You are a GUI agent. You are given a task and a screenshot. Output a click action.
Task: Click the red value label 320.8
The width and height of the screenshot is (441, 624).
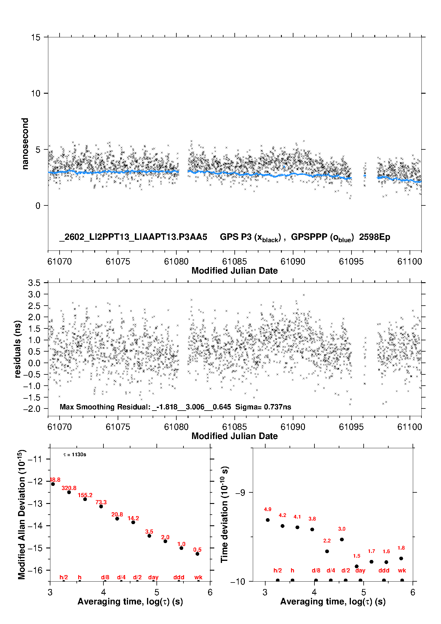tap(69, 488)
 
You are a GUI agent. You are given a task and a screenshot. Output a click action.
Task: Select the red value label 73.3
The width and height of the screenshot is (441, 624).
tap(101, 502)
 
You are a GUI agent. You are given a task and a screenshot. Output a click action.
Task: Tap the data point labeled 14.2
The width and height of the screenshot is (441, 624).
tap(133, 522)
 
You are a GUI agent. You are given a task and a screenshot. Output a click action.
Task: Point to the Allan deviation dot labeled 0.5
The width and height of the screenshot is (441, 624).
tap(197, 554)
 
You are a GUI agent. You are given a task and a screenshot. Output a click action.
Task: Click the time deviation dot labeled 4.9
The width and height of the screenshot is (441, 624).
tap(268, 520)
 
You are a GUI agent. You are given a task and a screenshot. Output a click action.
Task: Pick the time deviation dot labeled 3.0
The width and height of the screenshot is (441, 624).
tap(342, 539)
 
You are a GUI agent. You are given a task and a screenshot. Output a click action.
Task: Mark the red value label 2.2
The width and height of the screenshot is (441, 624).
tap(327, 541)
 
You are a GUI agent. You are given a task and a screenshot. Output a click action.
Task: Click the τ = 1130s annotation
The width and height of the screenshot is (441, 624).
tap(75, 455)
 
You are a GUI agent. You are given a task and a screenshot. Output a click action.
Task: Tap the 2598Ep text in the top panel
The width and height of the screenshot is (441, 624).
tap(375, 237)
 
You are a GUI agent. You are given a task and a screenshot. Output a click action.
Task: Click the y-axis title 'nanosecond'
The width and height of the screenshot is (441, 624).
tap(25, 144)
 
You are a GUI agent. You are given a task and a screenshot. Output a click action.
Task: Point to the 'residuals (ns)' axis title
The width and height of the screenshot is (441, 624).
tap(18, 349)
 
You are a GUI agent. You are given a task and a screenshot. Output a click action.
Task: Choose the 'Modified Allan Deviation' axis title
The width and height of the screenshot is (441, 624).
tap(22, 514)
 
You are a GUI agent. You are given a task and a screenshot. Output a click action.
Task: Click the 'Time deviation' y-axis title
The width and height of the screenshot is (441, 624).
tap(224, 514)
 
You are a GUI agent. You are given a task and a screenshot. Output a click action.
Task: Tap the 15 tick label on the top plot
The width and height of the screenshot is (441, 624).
tap(36, 37)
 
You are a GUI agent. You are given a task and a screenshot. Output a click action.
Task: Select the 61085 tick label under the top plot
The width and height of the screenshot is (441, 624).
tap(234, 261)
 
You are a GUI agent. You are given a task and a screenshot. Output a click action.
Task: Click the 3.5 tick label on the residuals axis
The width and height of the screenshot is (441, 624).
tap(34, 283)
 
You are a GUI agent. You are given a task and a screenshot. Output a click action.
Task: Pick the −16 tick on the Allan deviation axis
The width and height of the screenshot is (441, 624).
tap(35, 570)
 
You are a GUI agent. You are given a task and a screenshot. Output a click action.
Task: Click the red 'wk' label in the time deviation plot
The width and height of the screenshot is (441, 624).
tap(402, 570)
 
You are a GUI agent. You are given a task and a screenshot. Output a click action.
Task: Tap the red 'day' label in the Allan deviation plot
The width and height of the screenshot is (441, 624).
tap(153, 577)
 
